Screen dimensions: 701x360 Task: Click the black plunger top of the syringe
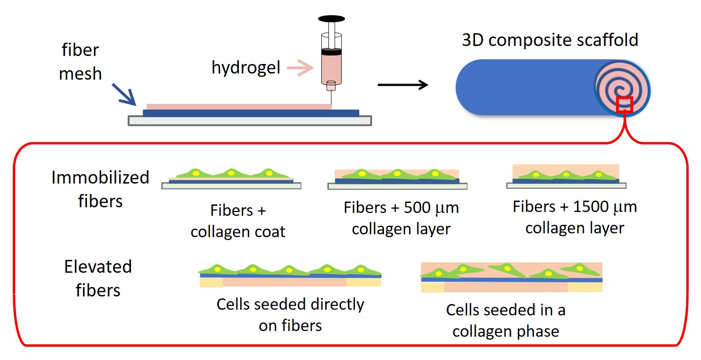(331, 19)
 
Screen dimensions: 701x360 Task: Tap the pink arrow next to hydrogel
(300, 67)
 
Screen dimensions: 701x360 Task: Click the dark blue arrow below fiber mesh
(124, 94)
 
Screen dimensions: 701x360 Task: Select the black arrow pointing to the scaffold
(403, 85)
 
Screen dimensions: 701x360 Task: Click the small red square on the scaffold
(624, 105)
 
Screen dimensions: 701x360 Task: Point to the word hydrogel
(246, 67)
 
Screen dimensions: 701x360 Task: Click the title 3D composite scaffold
(550, 40)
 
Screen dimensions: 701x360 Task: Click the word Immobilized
(100, 177)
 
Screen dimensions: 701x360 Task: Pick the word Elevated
(98, 267)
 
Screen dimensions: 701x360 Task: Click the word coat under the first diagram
(270, 232)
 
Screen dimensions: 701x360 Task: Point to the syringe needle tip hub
(331, 86)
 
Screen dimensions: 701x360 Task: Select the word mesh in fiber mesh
(80, 74)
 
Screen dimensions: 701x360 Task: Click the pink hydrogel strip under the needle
(239, 107)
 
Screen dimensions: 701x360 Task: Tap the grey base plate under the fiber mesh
(250, 121)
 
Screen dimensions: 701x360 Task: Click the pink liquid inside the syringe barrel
(331, 68)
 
